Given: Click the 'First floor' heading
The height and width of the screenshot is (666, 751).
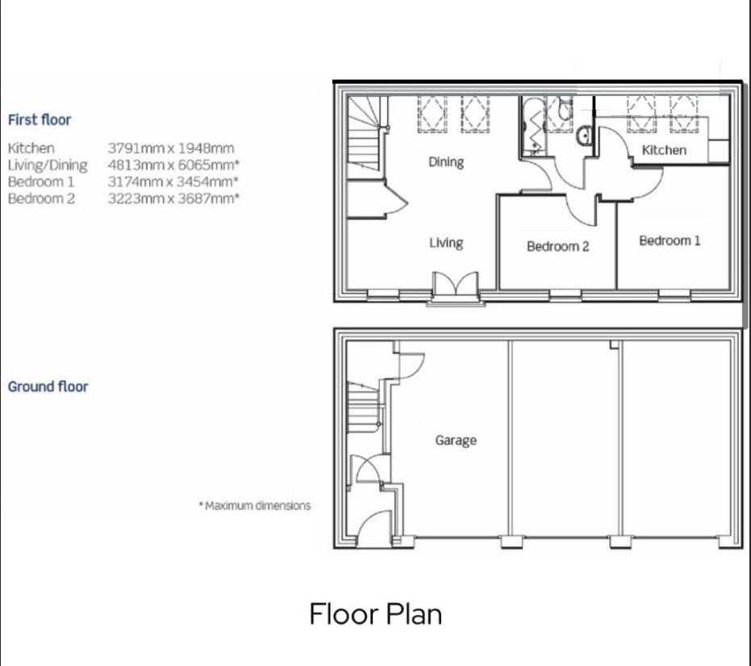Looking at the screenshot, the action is (40, 119).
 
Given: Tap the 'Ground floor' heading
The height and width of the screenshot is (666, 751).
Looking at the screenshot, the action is (48, 387).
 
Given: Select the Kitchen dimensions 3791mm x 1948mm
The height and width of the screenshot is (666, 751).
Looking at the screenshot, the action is (171, 149).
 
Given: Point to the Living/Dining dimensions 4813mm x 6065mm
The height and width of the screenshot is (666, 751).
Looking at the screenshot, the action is (173, 165).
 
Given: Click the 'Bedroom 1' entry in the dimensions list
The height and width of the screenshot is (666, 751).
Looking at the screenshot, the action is (41, 182).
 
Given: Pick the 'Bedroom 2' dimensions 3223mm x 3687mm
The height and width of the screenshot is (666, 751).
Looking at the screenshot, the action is (173, 199).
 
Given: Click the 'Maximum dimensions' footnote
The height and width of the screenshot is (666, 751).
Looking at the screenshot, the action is (255, 505).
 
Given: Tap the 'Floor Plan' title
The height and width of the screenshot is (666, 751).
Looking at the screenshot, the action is (376, 614).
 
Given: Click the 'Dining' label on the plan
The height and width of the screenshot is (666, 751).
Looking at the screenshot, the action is (446, 162).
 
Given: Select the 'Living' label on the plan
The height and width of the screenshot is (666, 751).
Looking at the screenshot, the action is (446, 243).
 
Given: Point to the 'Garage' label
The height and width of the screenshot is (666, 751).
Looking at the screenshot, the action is (456, 440).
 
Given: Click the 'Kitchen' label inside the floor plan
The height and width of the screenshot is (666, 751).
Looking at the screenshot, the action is (665, 150).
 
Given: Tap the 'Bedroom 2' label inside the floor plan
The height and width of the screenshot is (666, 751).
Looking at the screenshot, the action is (558, 246).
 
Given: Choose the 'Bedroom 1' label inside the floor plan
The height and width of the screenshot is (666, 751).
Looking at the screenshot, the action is (670, 241).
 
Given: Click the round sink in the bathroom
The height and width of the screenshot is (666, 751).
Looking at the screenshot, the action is (584, 134).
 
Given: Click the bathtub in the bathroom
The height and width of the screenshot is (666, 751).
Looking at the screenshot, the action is (532, 127).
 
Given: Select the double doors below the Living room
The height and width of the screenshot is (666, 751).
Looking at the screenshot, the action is (456, 284).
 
